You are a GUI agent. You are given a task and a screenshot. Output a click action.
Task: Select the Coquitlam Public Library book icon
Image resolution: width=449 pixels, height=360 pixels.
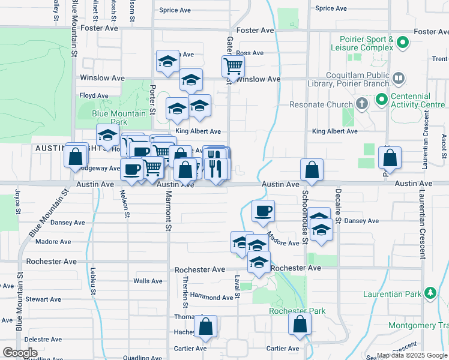click(x=398, y=79)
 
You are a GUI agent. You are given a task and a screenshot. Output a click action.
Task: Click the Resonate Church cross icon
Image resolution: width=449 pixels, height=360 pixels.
click(x=361, y=104)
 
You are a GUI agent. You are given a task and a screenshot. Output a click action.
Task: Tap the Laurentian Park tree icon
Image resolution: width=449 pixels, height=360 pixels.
click(x=430, y=293)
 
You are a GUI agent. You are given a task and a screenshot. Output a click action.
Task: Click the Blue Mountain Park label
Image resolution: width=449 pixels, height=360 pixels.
click(x=119, y=118)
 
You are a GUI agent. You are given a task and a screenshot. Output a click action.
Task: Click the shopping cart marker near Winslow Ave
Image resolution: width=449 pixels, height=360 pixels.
click(x=233, y=66)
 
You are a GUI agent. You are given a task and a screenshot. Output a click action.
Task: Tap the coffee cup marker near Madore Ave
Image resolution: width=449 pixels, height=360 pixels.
click(x=263, y=211)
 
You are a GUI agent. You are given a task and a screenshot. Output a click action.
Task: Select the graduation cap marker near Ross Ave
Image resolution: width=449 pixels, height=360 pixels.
click(x=168, y=61)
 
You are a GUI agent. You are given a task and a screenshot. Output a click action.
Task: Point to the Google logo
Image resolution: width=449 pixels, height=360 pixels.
click(x=20, y=353)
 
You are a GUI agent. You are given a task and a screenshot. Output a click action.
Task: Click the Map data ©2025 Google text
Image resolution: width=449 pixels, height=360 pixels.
click(x=412, y=355)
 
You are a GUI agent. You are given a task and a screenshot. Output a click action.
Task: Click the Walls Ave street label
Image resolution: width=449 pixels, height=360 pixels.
click(x=148, y=281)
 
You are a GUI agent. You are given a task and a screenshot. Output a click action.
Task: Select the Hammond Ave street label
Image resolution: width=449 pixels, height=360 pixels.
click(x=211, y=297)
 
